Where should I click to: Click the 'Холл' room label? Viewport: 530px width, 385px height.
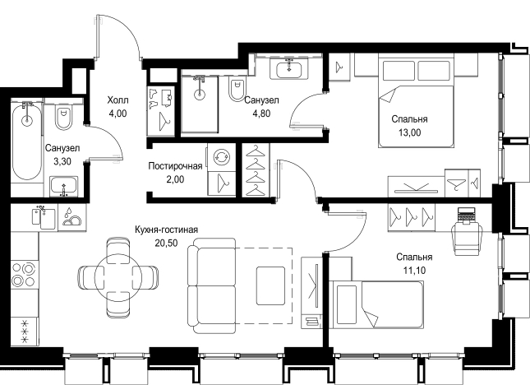point(118,100)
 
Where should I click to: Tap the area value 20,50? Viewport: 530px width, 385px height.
point(166,243)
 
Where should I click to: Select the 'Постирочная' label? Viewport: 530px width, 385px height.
point(175,166)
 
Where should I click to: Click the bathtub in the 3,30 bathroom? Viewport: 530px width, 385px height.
point(27,141)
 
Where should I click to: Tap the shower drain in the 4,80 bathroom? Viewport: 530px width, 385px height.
point(200,95)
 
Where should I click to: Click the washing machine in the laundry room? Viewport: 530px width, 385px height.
point(221,157)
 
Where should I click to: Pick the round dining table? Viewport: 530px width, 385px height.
point(118,277)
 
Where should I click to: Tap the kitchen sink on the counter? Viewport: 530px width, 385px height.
point(44,218)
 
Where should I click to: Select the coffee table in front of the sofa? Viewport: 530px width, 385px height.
point(270,286)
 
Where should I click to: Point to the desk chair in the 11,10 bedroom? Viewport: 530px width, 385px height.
point(467,239)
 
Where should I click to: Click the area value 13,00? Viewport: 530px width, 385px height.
point(409,132)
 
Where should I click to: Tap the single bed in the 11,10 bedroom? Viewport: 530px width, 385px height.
point(376,304)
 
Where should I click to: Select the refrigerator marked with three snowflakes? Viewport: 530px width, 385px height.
point(25,332)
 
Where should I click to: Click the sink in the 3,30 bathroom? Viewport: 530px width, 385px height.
point(63,187)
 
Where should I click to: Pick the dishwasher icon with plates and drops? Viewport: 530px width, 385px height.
point(72,217)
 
